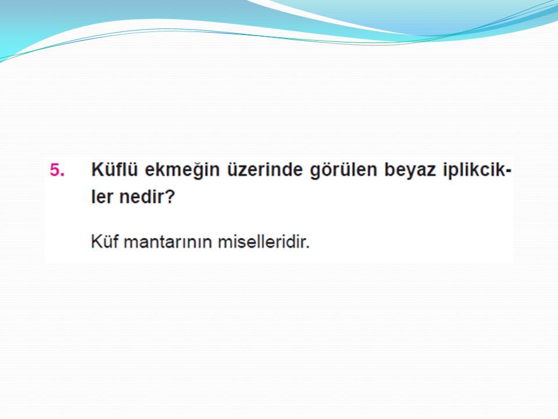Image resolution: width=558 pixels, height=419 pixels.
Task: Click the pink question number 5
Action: (x=55, y=170)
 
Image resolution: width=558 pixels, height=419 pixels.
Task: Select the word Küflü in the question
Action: (x=115, y=169)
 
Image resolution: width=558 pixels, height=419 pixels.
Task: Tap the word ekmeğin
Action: (x=182, y=171)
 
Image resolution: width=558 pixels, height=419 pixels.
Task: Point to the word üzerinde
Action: (x=265, y=169)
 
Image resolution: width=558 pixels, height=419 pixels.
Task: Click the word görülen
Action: (x=344, y=171)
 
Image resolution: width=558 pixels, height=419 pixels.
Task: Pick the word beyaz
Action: (x=410, y=171)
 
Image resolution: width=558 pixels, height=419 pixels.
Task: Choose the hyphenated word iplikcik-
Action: (x=477, y=171)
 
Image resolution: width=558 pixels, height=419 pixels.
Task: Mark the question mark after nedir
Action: (x=171, y=197)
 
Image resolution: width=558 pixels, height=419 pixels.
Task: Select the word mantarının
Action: (x=169, y=242)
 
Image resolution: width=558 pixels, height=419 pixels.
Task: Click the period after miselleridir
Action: (x=307, y=247)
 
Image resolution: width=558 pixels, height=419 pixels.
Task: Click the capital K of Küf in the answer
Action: (x=97, y=242)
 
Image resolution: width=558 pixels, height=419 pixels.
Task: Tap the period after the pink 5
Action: (x=63, y=175)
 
